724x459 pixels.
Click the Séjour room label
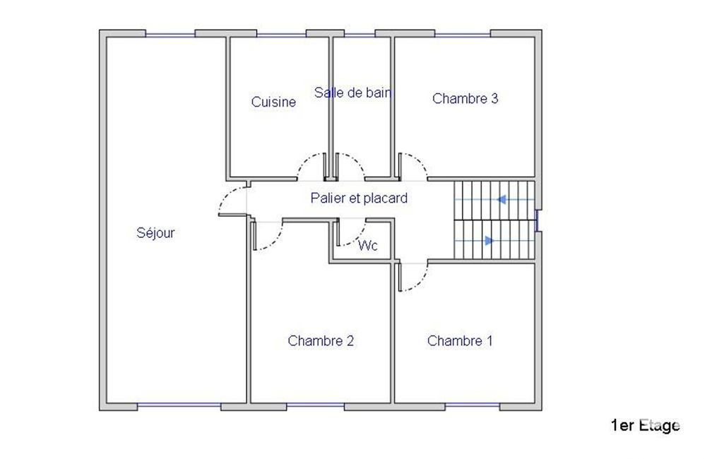[155, 233]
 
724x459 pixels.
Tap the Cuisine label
[273, 102]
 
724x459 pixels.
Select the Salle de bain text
[353, 93]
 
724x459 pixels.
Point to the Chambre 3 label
[465, 98]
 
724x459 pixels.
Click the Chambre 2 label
[321, 341]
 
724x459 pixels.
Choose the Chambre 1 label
[460, 341]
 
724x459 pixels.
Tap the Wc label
[367, 245]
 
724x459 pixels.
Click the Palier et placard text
[359, 198]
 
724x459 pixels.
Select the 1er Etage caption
[645, 425]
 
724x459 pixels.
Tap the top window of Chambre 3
[462, 34]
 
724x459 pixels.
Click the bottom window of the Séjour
[179, 405]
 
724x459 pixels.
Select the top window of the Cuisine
[281, 34]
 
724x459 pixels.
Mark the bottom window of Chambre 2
[315, 405]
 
